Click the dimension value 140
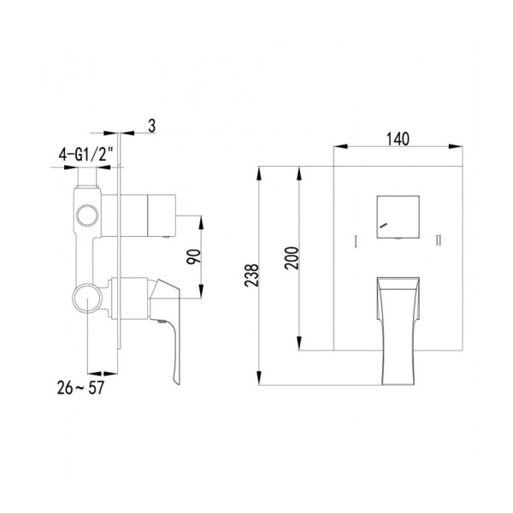pyautogui.click(x=398, y=139)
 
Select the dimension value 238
pyautogui.click(x=251, y=275)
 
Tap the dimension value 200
pyautogui.click(x=292, y=258)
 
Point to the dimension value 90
pyautogui.click(x=193, y=256)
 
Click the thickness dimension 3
pyautogui.click(x=151, y=126)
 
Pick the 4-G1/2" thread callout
pyautogui.click(x=85, y=154)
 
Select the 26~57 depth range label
pyautogui.click(x=80, y=387)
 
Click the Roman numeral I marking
pyautogui.click(x=356, y=241)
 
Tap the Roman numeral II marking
pyautogui.click(x=439, y=241)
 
